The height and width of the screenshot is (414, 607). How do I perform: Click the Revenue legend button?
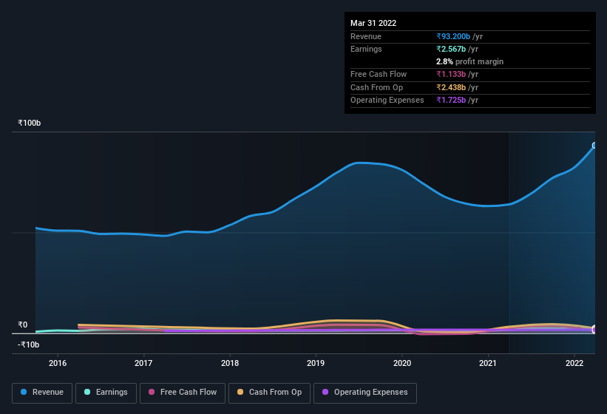pyautogui.click(x=42, y=392)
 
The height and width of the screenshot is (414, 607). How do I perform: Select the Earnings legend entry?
pyautogui.click(x=106, y=392)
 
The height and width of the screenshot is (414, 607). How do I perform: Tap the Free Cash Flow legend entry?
pyautogui.click(x=183, y=392)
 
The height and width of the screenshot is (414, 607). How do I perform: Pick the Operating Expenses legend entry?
pyautogui.click(x=364, y=392)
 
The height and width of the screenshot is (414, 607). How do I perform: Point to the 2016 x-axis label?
pyautogui.click(x=58, y=363)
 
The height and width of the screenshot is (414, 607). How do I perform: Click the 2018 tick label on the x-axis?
pyautogui.click(x=230, y=363)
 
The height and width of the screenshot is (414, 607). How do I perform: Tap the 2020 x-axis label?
pyautogui.click(x=402, y=363)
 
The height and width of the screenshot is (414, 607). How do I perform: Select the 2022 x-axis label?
pyautogui.click(x=574, y=363)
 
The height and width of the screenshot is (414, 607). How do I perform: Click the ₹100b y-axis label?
pyautogui.click(x=30, y=123)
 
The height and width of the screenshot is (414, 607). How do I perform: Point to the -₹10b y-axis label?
pyautogui.click(x=29, y=345)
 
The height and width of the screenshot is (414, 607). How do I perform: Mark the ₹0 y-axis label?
pyautogui.click(x=23, y=325)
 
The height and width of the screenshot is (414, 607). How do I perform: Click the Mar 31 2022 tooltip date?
pyautogui.click(x=373, y=23)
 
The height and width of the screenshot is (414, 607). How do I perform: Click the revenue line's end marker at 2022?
pyautogui.click(x=594, y=146)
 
